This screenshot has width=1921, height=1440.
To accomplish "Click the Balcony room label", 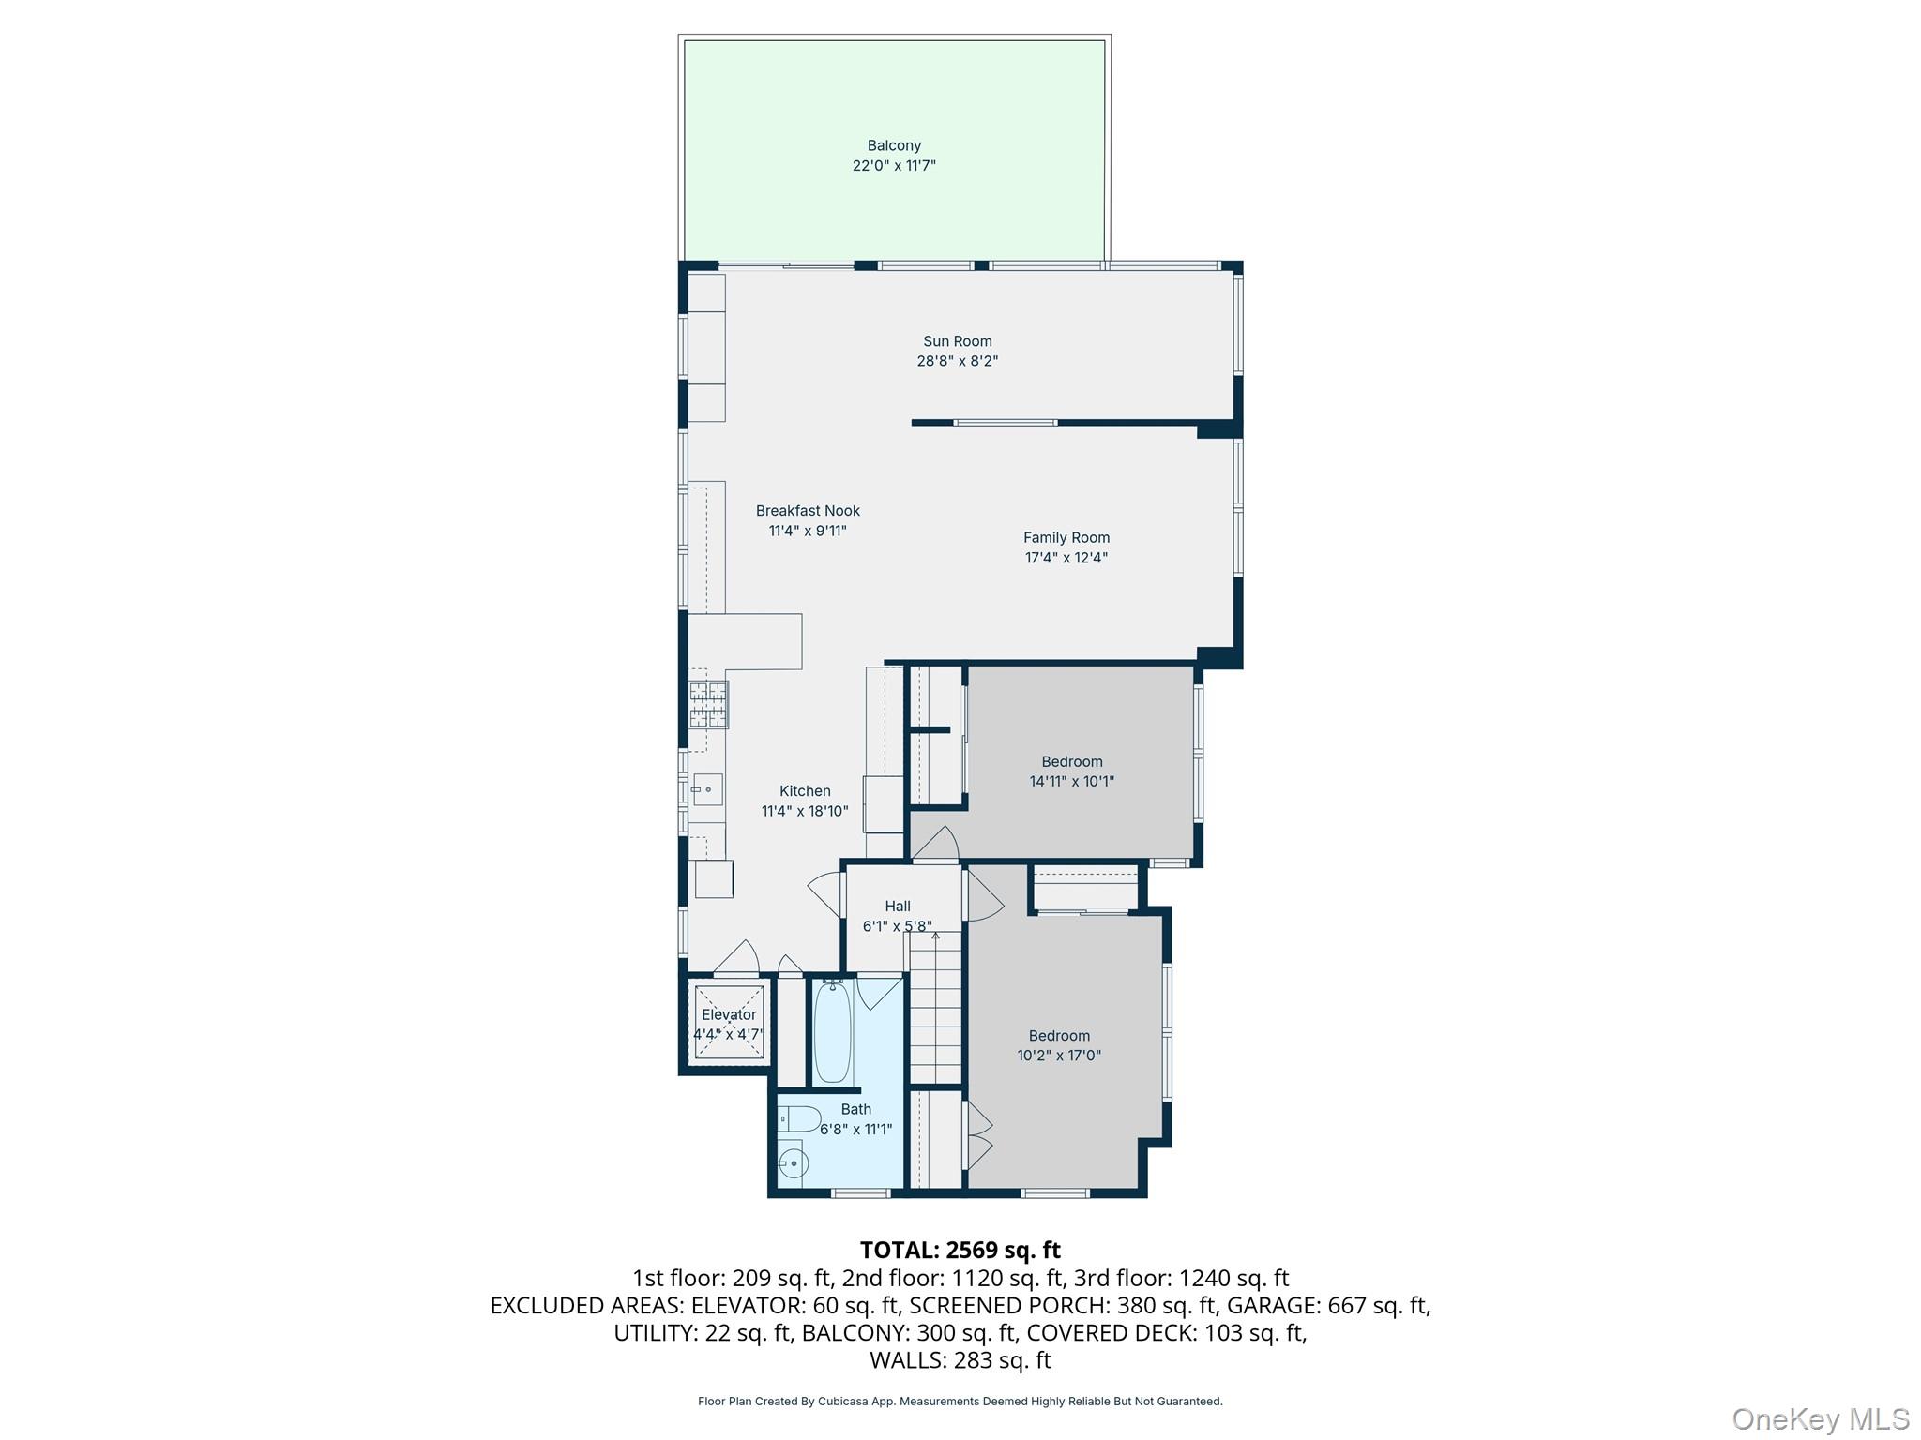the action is tap(894, 145).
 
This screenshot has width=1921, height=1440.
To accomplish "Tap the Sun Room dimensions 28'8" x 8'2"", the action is tap(957, 361).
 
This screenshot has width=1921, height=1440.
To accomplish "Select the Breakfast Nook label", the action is tap(808, 511).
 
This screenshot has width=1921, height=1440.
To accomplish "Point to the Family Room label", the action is tap(1066, 537).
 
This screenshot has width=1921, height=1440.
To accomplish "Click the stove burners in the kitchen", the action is tap(708, 705).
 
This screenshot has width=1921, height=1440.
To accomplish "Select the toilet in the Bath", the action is tap(798, 1118).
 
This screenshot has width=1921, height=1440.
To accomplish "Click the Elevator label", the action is tap(729, 1014).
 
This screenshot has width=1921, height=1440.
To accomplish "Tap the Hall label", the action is tap(898, 906).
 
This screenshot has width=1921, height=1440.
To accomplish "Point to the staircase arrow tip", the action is tap(935, 932).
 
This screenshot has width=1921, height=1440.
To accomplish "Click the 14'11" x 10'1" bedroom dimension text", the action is tap(1071, 781).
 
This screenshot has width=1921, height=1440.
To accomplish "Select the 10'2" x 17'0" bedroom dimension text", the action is tap(1059, 1055).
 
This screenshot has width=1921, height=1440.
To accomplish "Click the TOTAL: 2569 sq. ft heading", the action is tap(960, 1250).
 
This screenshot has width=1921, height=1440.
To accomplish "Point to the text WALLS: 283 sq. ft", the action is tap(960, 1359).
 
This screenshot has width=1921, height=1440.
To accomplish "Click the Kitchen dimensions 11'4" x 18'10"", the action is tap(805, 811).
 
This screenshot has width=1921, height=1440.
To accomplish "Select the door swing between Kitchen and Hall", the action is tap(825, 894).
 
